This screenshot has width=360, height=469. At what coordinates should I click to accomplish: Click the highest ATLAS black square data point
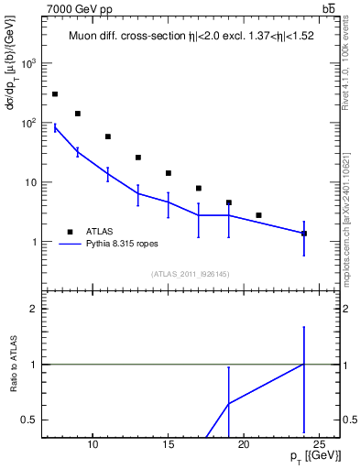tap(55, 94)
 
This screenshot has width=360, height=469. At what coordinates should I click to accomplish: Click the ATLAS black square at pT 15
tap(169, 173)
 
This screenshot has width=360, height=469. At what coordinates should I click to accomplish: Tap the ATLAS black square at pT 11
tap(108, 136)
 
